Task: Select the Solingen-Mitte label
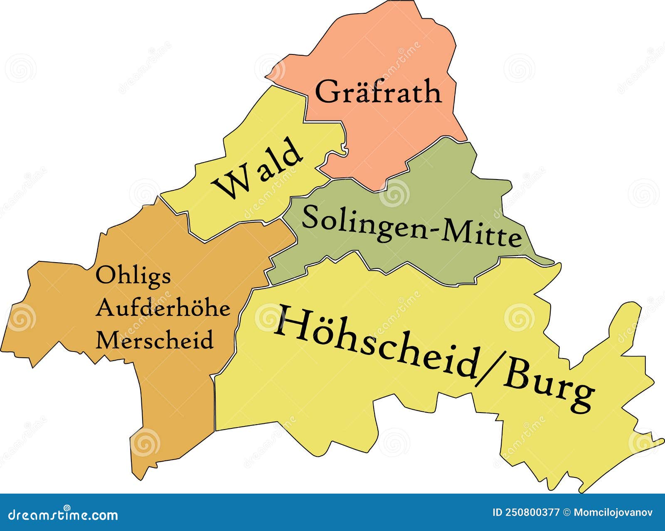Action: pyautogui.click(x=411, y=228)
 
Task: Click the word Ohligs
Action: pyautogui.click(x=133, y=276)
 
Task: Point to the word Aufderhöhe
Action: pyautogui.click(x=163, y=308)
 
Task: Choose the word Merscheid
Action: pyautogui.click(x=155, y=340)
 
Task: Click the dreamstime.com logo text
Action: pyautogui.click(x=63, y=515)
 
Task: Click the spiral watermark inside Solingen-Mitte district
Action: pyautogui.click(x=394, y=194)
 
